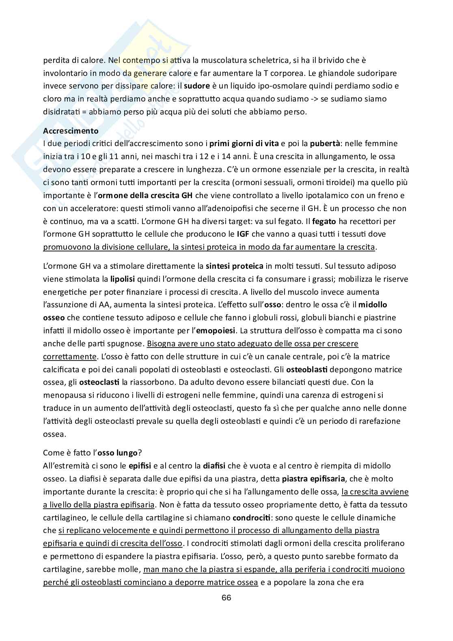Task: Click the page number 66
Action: tap(226, 598)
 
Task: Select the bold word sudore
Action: tap(197, 86)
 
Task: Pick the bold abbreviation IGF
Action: tap(243, 234)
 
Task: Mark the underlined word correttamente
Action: tap(70, 356)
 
